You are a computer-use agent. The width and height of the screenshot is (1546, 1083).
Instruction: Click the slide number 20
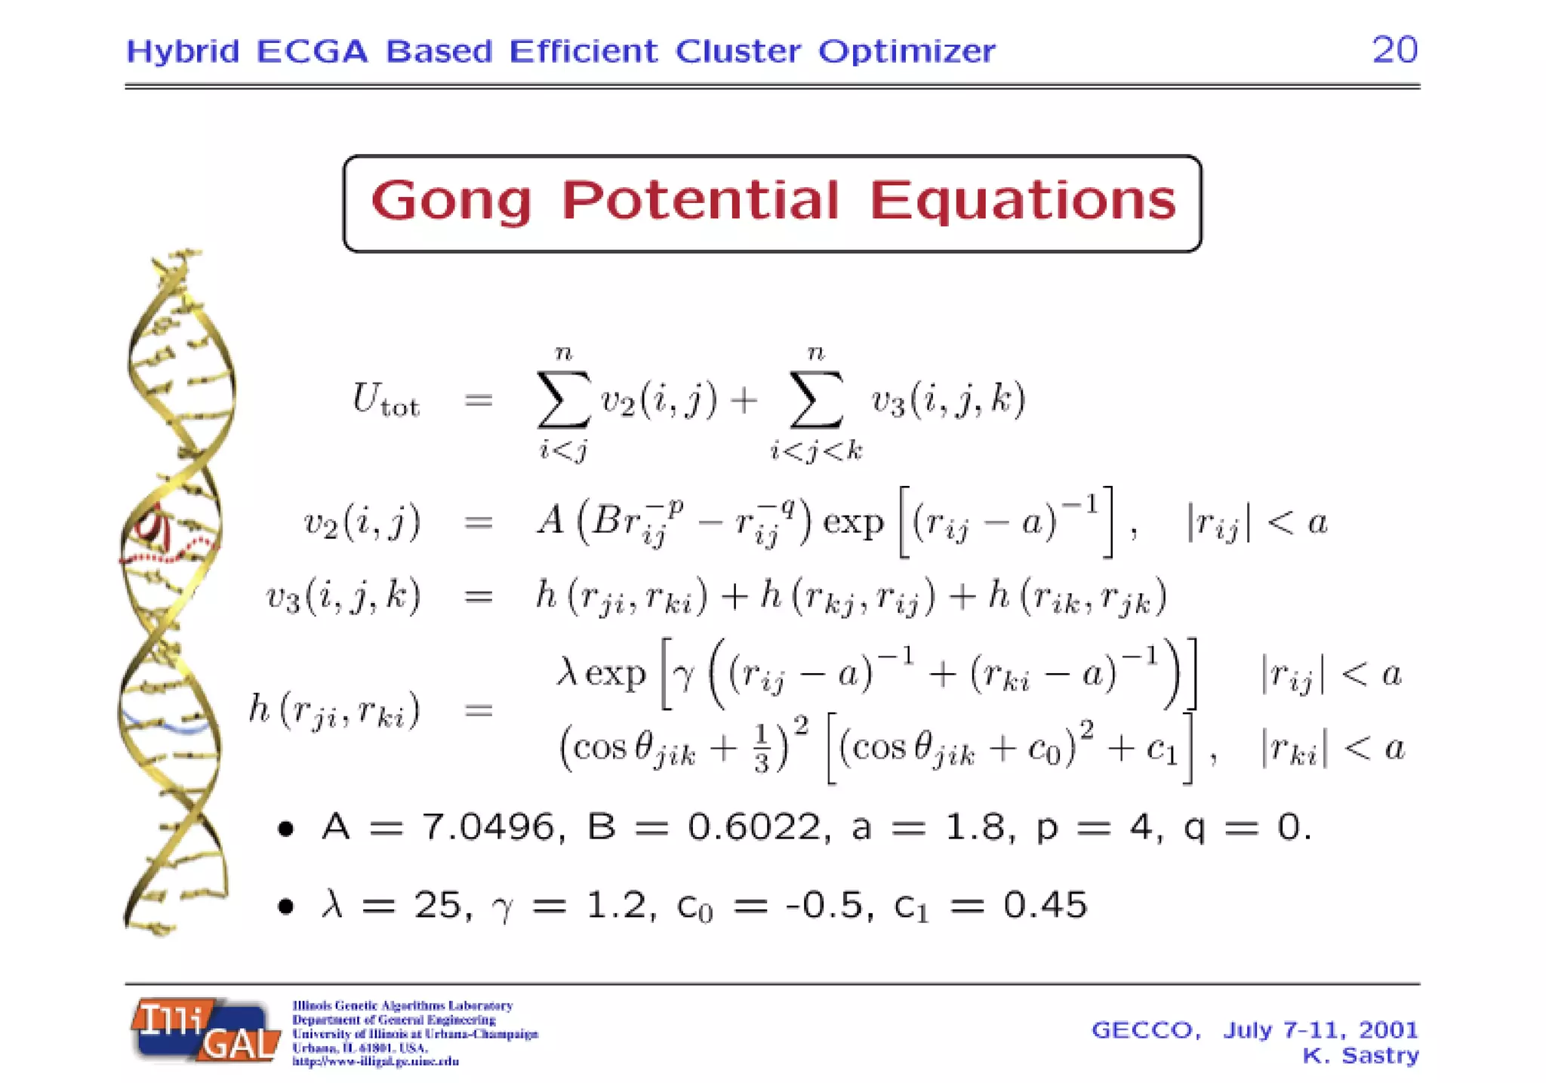(1394, 51)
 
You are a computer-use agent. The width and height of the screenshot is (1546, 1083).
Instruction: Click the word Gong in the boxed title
(451, 202)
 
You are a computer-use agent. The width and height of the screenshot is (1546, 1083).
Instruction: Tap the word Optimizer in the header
(907, 51)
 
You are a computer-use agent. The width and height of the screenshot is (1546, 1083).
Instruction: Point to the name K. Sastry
(1360, 1055)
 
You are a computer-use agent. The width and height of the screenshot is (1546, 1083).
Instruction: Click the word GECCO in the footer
(1144, 1029)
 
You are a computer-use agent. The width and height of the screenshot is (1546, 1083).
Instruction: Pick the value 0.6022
(753, 827)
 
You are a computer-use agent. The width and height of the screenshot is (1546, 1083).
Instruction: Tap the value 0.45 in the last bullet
(1045, 904)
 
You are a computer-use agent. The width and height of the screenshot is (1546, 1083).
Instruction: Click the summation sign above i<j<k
(815, 399)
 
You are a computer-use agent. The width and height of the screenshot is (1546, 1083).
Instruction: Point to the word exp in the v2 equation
(852, 522)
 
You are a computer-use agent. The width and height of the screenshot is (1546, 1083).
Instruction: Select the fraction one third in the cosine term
(760, 749)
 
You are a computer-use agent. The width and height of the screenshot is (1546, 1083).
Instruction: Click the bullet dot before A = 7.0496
(285, 829)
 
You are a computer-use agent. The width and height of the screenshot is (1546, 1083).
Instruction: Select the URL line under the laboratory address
(375, 1061)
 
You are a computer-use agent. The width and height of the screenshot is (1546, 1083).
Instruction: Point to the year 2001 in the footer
(1388, 1029)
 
